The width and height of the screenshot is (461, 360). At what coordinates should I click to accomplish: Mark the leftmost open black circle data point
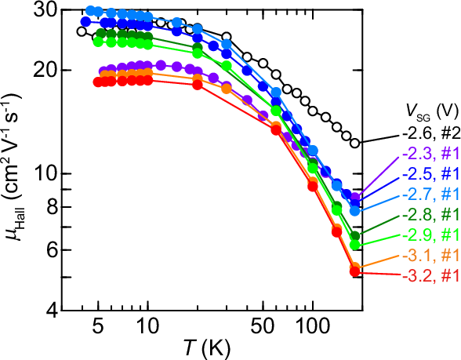(x=82, y=31)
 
